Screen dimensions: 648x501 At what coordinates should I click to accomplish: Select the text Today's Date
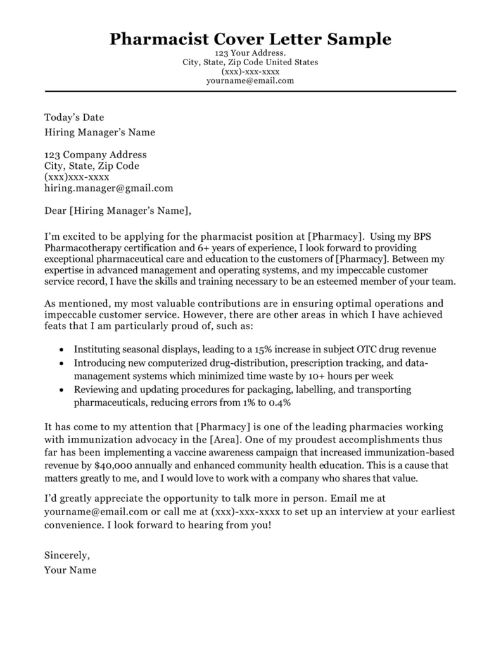(74, 117)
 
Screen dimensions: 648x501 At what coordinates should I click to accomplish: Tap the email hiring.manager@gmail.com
(108, 188)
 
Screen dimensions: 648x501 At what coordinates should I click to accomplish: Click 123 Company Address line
(95, 154)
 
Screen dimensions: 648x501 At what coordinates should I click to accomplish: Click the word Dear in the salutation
(55, 210)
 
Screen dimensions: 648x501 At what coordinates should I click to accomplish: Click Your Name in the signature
(70, 570)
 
